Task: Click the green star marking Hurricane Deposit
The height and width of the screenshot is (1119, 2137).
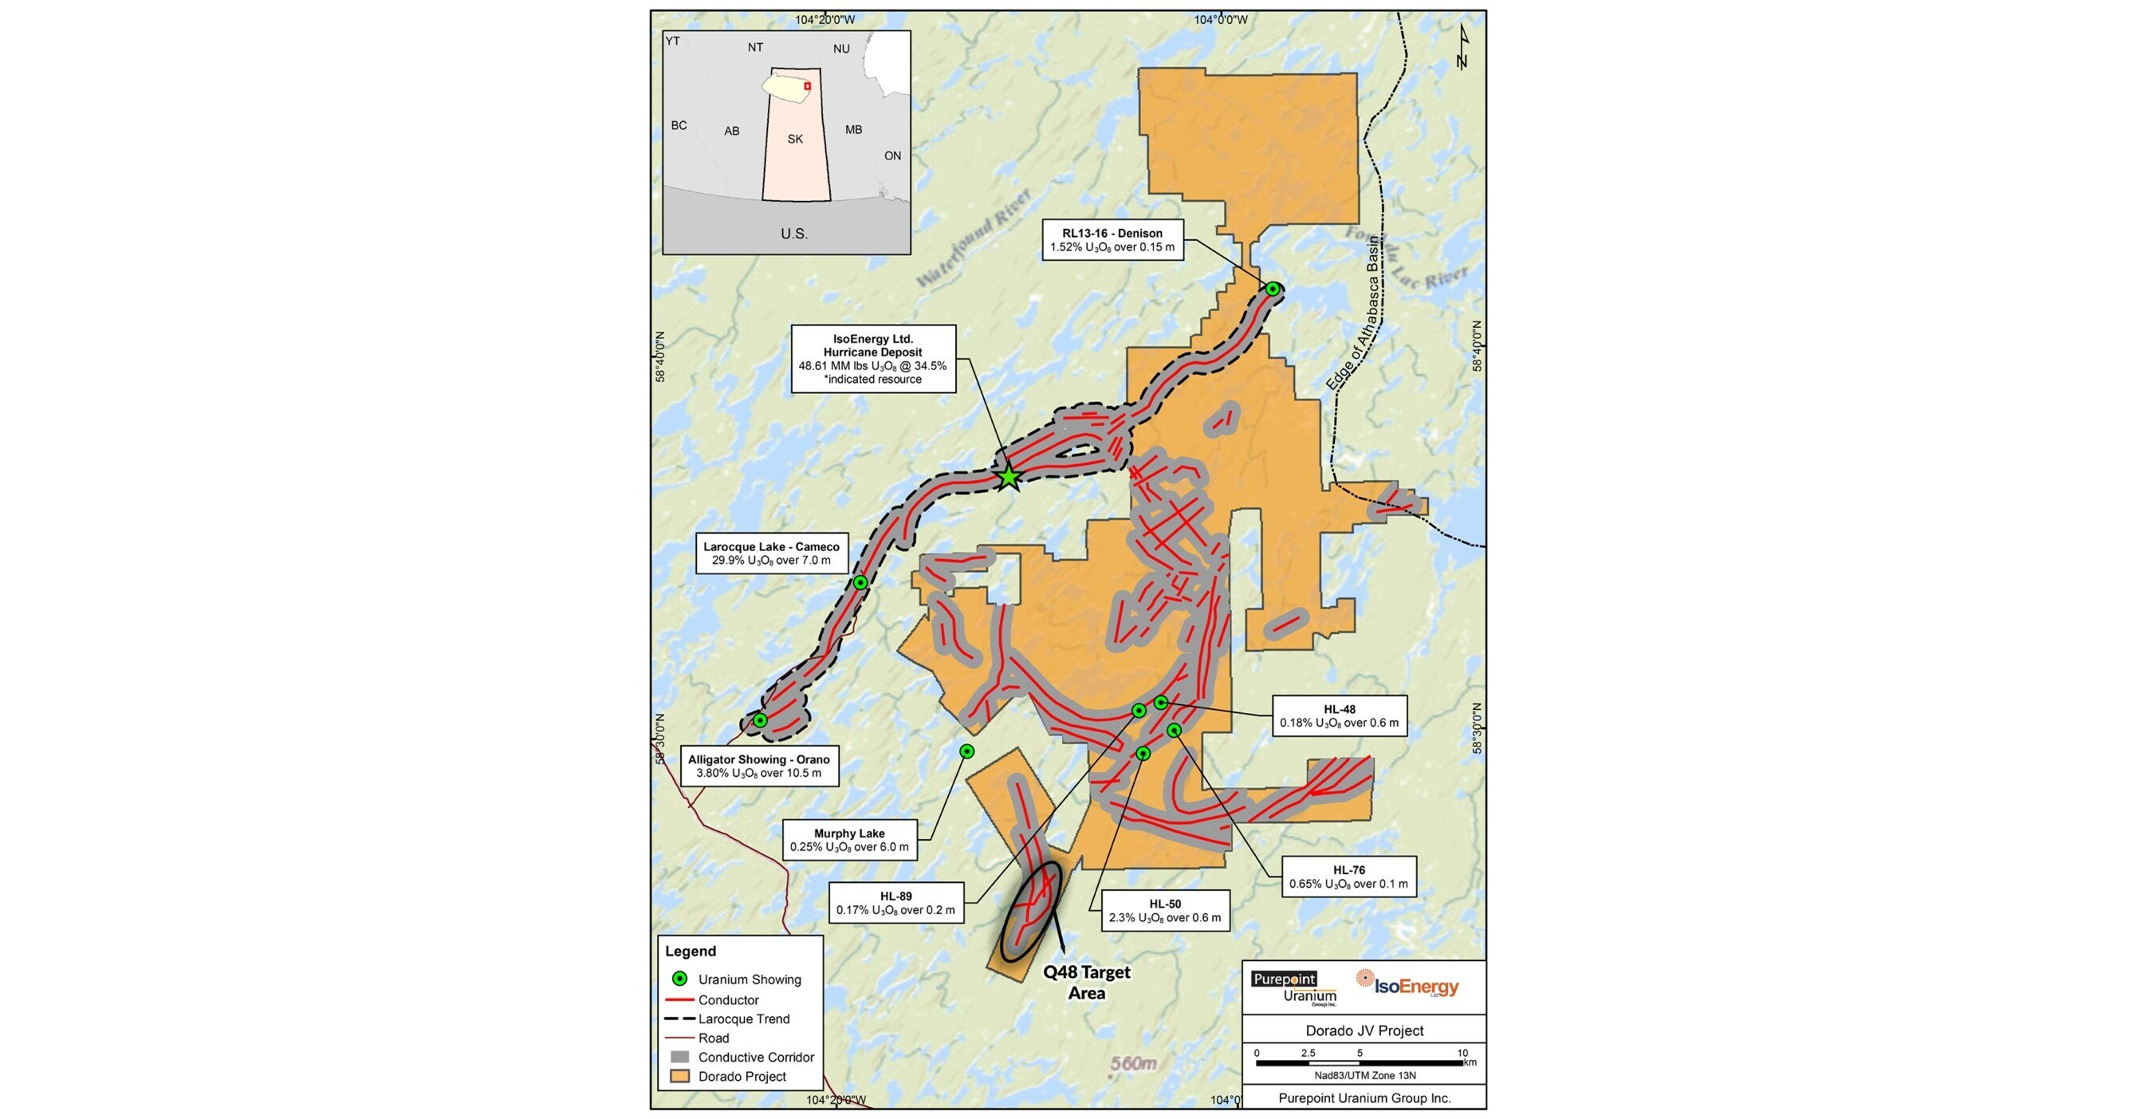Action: pos(1008,477)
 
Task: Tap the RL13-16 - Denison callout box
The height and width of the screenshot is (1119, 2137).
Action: pos(1112,240)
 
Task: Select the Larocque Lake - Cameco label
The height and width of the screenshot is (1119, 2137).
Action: pos(771,554)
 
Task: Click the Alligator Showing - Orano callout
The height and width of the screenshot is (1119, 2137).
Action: pos(758,766)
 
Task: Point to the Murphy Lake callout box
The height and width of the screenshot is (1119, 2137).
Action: pos(848,840)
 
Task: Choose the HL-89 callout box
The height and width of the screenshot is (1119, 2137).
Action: pos(895,903)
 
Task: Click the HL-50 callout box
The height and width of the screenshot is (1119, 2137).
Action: pos(1165,911)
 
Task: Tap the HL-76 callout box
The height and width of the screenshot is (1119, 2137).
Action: pos(1348,877)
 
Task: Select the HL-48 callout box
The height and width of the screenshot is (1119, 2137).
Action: pos(1338,716)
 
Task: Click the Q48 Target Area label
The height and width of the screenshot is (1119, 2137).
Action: pos(1087,982)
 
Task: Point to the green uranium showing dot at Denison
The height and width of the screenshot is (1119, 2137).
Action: pos(1273,289)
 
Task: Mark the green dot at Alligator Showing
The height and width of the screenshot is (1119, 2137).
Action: pos(760,720)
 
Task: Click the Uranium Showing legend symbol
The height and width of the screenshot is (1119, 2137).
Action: pos(679,979)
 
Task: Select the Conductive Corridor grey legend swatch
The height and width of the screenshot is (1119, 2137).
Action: pos(680,1057)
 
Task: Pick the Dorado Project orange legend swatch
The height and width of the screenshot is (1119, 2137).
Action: pos(680,1076)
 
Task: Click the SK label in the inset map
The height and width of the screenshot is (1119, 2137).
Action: pos(795,140)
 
